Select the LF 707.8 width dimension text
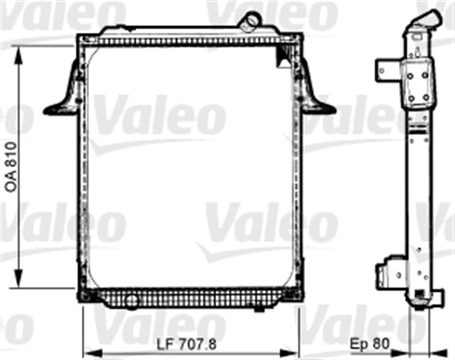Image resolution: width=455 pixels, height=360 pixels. click(187, 344)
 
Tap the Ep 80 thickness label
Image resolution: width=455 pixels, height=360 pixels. click(368, 344)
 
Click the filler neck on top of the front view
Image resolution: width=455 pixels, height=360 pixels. click(251, 21)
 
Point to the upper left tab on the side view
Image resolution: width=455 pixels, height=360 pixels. click(385, 69)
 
